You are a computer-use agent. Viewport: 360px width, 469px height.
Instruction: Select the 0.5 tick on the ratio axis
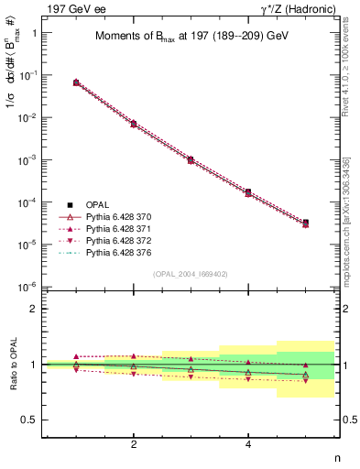(x=29, y=420)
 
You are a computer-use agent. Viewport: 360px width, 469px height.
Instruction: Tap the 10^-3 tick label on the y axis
(x=27, y=159)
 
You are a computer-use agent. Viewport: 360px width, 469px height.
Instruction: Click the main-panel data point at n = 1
(x=76, y=82)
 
